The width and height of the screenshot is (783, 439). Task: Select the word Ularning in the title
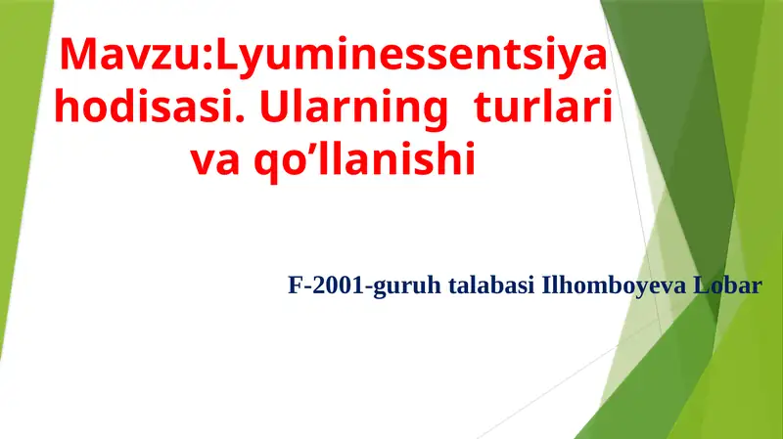353,110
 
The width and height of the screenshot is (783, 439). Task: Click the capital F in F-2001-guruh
295,286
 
